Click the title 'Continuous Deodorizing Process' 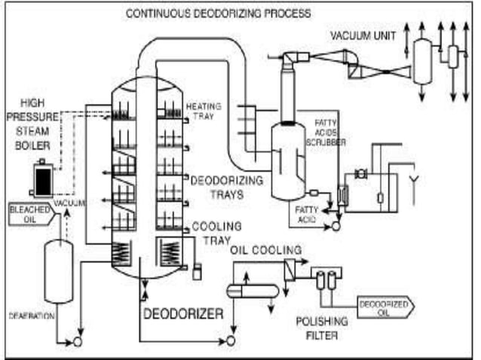(x=218, y=14)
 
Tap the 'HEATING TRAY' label (x=203, y=111)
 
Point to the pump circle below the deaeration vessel (x=77, y=343)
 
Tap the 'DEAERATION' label (x=30, y=316)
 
